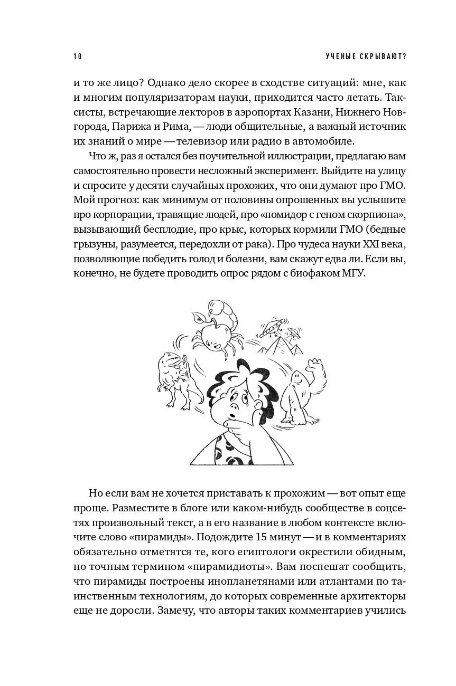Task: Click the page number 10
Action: pyautogui.click(x=77, y=56)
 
